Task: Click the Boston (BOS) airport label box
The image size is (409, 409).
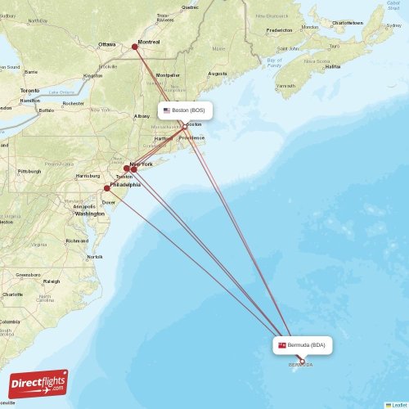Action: click(x=186, y=110)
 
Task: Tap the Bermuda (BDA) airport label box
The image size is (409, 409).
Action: click(x=304, y=345)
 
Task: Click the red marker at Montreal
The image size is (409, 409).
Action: click(x=135, y=46)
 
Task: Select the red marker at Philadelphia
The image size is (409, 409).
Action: click(x=106, y=188)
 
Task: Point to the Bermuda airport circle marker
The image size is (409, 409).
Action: click(x=301, y=361)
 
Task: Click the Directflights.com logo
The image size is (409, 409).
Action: click(x=38, y=384)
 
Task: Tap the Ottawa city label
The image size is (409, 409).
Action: click(x=107, y=44)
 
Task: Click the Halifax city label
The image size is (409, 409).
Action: click(x=333, y=66)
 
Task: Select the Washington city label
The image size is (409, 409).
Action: click(x=89, y=213)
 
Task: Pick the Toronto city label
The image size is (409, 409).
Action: click(x=30, y=90)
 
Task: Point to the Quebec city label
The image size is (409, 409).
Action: click(x=190, y=7)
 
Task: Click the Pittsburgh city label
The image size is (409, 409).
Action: click(x=29, y=171)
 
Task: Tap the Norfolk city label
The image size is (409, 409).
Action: click(x=95, y=256)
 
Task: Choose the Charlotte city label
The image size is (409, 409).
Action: click(x=12, y=294)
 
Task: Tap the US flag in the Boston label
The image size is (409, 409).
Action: click(x=166, y=110)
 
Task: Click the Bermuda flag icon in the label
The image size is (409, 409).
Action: click(x=282, y=345)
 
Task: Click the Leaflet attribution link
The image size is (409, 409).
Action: click(x=398, y=405)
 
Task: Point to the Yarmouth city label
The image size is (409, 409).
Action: click(x=286, y=85)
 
